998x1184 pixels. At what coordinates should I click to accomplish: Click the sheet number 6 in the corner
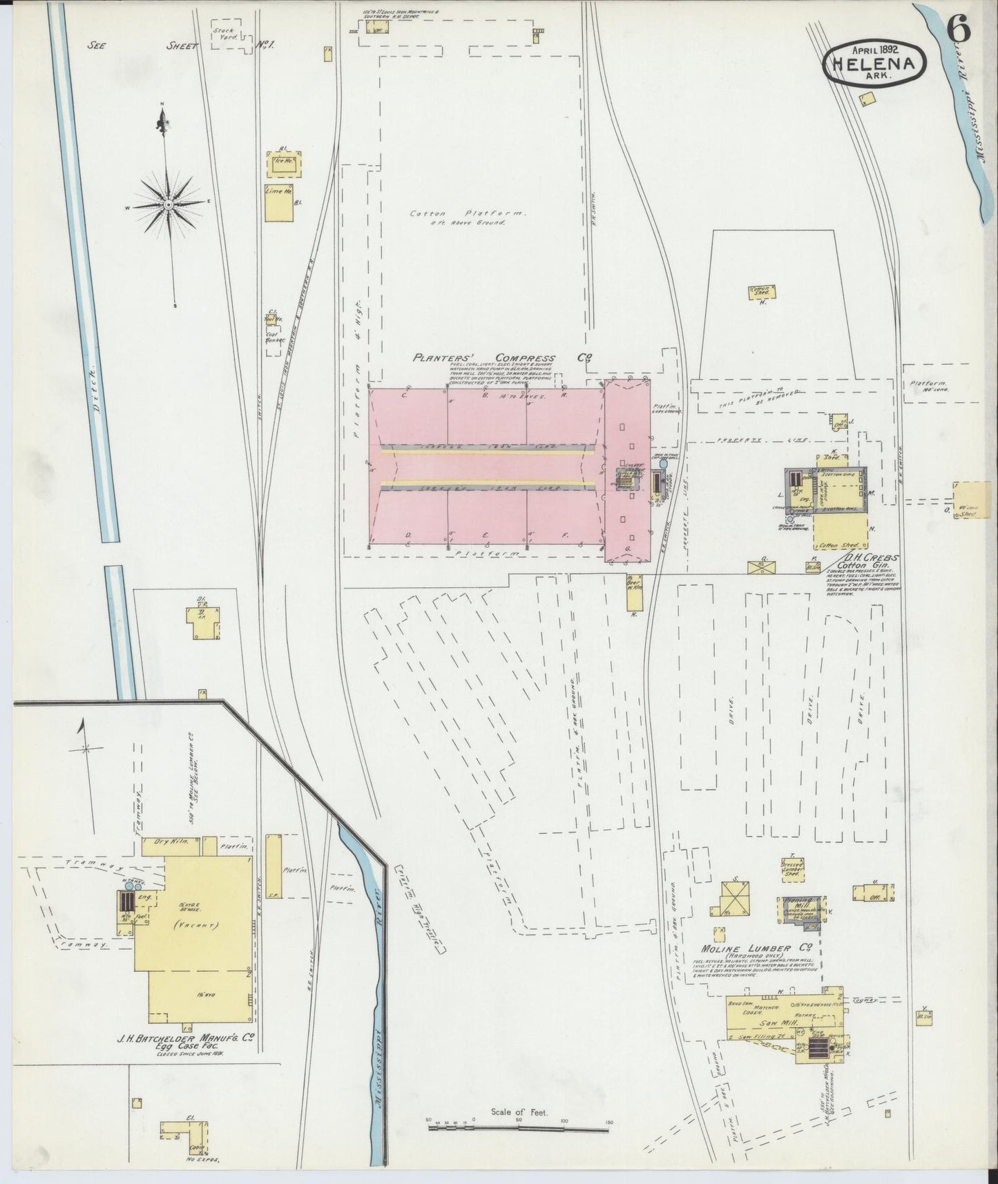coord(959,29)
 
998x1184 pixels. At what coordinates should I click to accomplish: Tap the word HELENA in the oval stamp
coord(874,64)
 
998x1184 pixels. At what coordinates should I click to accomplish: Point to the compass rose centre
coord(168,204)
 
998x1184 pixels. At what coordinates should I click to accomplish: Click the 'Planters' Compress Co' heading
coord(504,359)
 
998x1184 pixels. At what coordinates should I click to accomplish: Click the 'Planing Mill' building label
coord(797,904)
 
